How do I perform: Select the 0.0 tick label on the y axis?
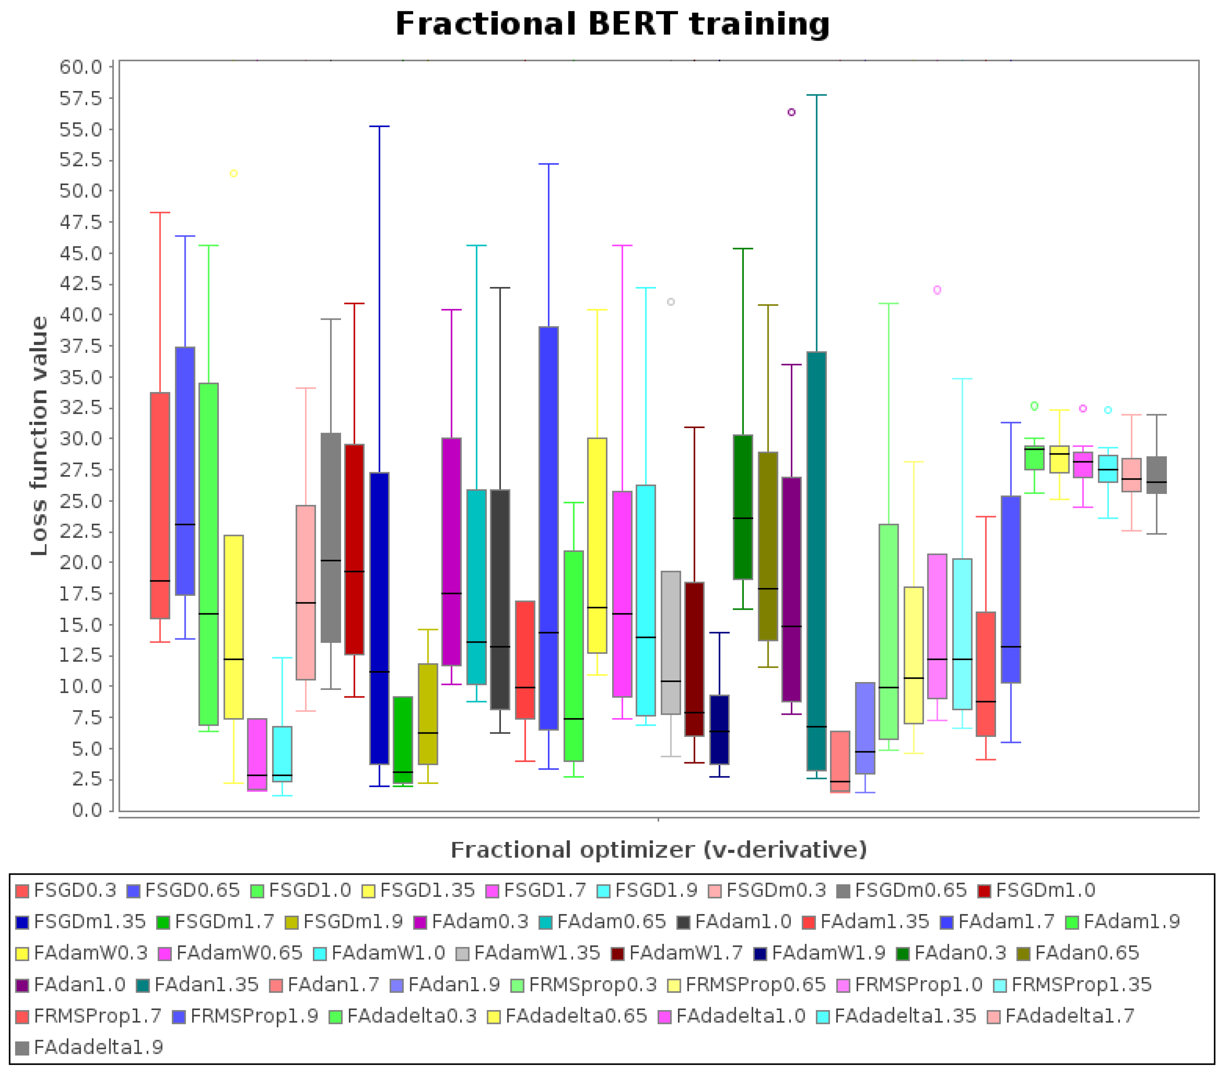click(x=87, y=810)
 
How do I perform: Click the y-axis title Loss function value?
click(x=39, y=436)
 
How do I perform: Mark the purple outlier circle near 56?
click(x=791, y=112)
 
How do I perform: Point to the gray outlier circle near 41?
click(x=671, y=302)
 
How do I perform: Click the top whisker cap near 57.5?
click(x=816, y=95)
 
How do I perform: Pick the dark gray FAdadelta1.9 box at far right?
click(x=1156, y=475)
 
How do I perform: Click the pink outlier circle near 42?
click(x=937, y=290)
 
